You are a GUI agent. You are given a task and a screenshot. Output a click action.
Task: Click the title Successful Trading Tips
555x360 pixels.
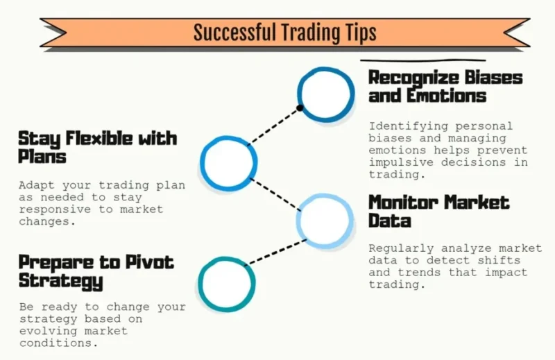click(284, 33)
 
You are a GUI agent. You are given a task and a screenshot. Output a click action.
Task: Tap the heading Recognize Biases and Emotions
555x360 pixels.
click(445, 87)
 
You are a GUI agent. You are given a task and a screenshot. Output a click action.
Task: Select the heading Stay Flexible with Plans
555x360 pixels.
click(97, 147)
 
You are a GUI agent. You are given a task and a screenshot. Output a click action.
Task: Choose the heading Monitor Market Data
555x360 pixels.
click(438, 212)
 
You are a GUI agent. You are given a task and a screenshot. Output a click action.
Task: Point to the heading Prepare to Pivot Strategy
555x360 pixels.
click(96, 272)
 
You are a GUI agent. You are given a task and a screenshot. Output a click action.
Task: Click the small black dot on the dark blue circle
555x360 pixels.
click(300, 108)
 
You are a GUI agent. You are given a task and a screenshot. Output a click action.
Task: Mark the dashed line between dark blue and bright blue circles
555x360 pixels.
click(273, 127)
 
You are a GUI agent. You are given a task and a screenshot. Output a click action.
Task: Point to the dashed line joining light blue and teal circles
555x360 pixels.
click(276, 252)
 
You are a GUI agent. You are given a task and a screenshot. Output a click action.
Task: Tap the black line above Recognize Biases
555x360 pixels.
click(423, 60)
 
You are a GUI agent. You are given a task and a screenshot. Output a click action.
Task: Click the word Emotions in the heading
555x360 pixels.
click(446, 96)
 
